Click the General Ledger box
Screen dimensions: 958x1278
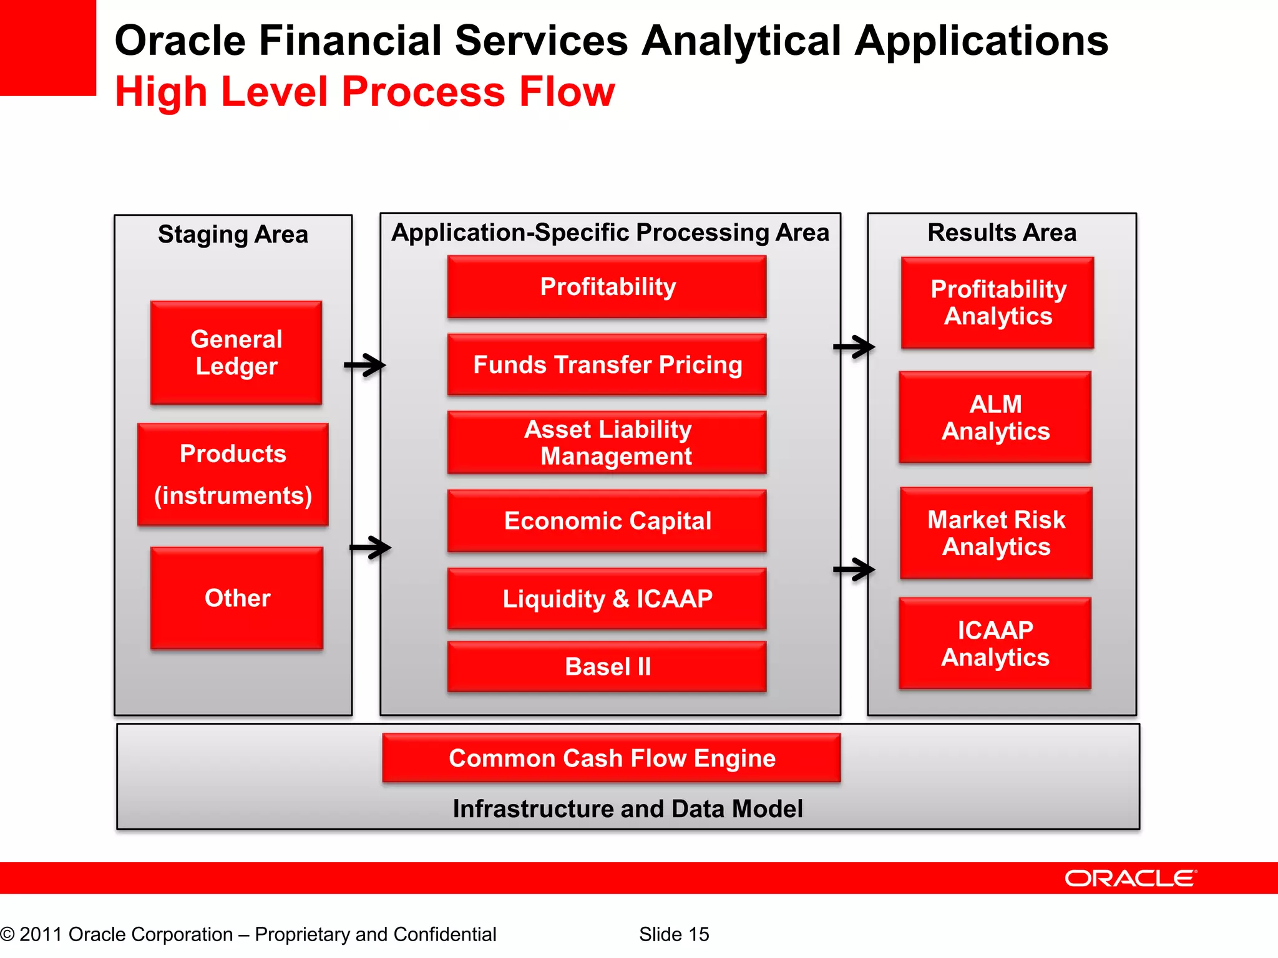click(236, 353)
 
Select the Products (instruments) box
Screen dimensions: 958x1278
click(233, 475)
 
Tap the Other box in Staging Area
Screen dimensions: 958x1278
click(237, 598)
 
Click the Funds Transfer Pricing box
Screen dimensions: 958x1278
click(607, 365)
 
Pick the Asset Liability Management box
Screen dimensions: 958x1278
click(607, 443)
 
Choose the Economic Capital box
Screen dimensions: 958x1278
click(607, 521)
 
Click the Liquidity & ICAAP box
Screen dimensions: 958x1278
click(607, 599)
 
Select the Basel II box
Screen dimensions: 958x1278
click(607, 667)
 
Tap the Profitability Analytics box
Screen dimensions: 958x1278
click(998, 302)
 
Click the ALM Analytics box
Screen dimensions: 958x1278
click(995, 417)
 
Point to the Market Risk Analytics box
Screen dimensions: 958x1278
click(996, 533)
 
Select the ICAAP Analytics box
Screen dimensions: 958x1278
click(995, 644)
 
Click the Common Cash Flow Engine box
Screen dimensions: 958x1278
click(612, 758)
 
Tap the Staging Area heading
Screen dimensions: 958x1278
click(233, 235)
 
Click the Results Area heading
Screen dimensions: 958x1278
click(1002, 233)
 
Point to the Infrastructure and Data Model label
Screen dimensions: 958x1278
click(628, 809)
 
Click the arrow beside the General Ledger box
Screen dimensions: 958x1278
click(365, 365)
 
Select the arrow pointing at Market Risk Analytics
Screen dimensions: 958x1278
click(854, 569)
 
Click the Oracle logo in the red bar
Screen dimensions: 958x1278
click(1130, 879)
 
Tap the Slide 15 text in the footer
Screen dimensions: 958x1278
click(674, 934)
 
